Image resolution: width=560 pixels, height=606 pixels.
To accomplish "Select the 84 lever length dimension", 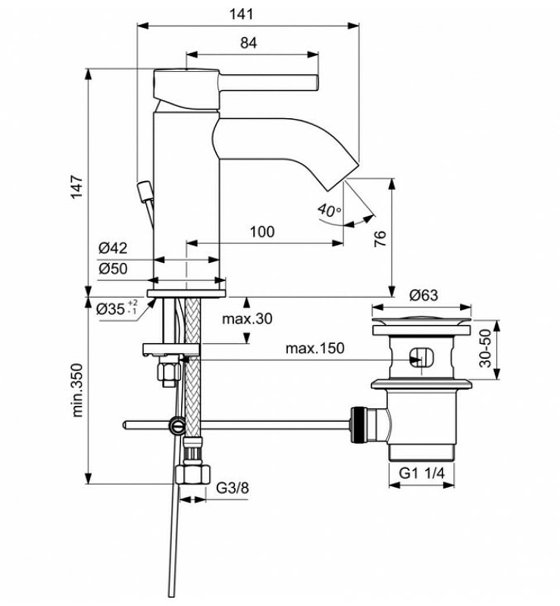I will [249, 43].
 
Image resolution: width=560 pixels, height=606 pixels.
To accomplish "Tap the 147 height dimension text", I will [76, 186].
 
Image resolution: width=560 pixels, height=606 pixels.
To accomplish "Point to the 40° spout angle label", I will [330, 211].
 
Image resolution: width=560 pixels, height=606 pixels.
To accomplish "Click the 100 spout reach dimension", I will [261, 232].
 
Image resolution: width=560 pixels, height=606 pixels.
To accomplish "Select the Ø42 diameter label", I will [112, 248].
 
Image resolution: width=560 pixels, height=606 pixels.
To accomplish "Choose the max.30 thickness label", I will [247, 318].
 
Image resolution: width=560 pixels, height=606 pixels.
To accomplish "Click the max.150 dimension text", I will [314, 348].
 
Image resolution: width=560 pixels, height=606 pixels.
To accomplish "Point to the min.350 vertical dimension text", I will [77, 390].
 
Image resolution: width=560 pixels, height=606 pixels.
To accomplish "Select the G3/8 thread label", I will [233, 488].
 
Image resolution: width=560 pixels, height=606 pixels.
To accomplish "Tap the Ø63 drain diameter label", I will [424, 295].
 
